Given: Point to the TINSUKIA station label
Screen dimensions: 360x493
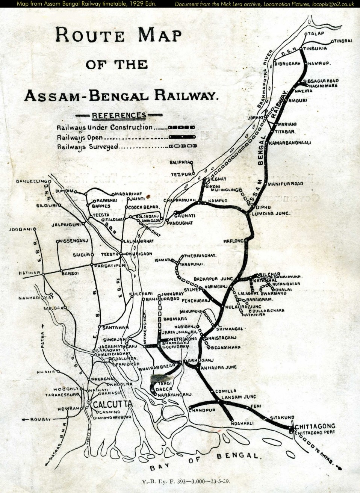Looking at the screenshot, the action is coord(315,48).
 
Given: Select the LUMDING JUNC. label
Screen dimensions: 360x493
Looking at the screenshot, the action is coord(271,213).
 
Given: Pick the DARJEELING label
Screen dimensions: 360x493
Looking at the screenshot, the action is coord(31,181).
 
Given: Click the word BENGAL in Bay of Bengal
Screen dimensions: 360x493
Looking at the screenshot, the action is coord(238,456).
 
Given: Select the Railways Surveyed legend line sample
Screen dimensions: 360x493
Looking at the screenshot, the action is coord(182,146).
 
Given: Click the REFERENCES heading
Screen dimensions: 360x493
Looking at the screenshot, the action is coord(119,115).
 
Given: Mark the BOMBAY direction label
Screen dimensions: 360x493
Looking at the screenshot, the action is coord(40,419).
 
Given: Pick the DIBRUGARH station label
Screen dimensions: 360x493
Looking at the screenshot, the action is coord(288,64).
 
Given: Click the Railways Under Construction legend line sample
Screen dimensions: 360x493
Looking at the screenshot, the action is coord(182,128).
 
